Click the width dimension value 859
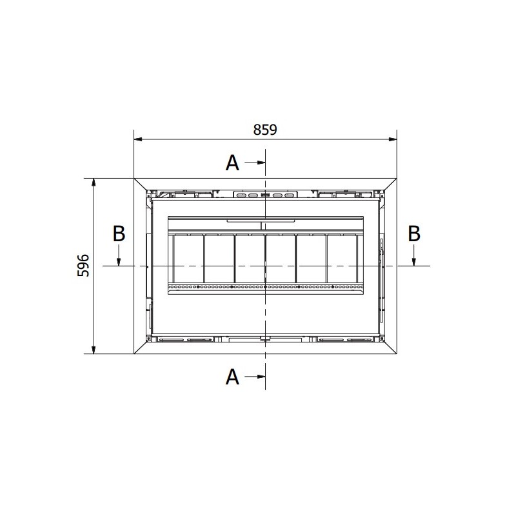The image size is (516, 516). click(265, 130)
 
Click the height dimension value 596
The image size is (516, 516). click(83, 265)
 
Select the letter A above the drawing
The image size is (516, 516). click(232, 163)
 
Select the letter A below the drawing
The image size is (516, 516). click(232, 377)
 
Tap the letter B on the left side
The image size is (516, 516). click(119, 233)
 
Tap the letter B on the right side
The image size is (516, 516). click(414, 233)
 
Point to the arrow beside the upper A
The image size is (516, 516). click(255, 163)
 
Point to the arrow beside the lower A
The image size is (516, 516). click(255, 377)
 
